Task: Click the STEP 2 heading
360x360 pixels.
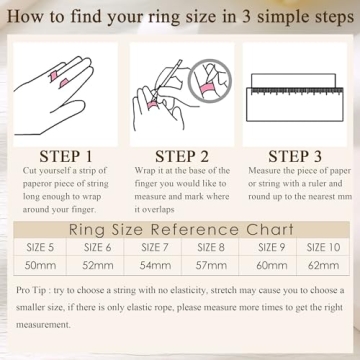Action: point(180,157)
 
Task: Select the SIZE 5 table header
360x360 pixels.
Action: point(40,247)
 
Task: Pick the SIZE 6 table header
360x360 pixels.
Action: point(95,247)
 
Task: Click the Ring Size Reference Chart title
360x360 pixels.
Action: point(180,224)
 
